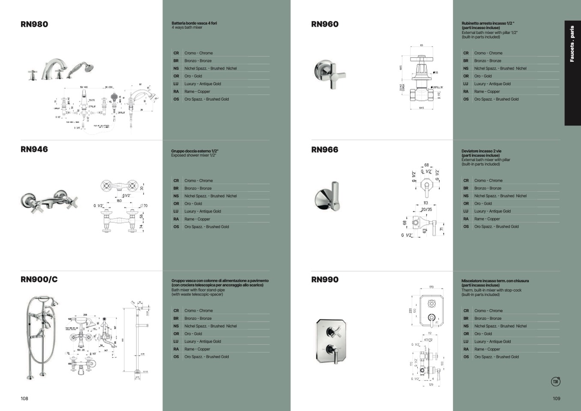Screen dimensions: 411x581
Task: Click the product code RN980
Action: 34,24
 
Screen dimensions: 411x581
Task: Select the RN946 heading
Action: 34,150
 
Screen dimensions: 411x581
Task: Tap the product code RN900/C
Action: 39,279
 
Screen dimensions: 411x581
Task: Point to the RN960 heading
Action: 325,24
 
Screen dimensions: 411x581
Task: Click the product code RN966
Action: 325,150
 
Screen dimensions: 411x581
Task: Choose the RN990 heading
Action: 325,279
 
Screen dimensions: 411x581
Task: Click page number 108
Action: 24,399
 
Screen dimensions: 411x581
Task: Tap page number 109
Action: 556,399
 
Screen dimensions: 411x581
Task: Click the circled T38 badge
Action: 555,381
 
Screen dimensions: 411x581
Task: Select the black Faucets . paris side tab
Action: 572,73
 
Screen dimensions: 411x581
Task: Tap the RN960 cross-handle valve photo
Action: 330,74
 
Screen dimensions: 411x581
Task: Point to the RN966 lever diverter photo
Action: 327,197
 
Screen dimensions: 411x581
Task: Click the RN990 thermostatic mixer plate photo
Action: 331,341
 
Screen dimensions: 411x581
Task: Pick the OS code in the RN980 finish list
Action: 176,99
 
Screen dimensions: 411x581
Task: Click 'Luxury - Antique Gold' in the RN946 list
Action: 203,211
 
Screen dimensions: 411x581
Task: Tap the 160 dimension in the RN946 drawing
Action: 119,201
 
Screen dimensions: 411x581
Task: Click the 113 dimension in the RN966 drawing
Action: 425,203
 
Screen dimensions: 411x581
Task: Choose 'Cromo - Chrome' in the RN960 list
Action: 488,53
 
